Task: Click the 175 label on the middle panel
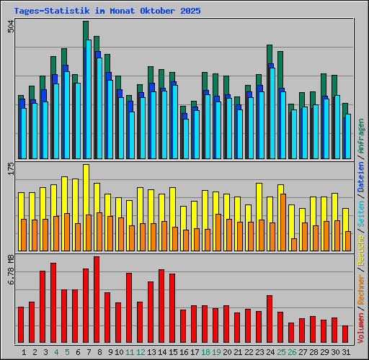pos(10,169)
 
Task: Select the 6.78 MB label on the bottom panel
pos(10,269)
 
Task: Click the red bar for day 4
pos(53,302)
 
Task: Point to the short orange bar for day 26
pos(293,244)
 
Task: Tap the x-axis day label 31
pos(346,352)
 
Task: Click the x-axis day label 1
pos(25,352)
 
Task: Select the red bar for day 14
pos(161,306)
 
